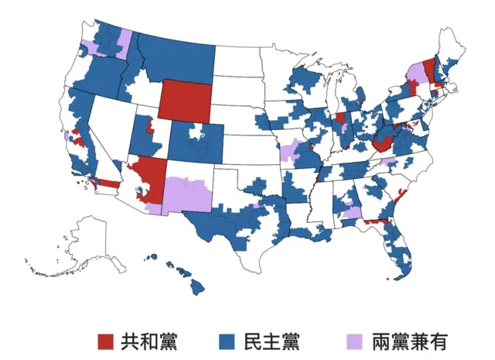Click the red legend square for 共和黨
[106, 341]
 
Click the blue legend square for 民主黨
[227, 341]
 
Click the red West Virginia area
[382, 144]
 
